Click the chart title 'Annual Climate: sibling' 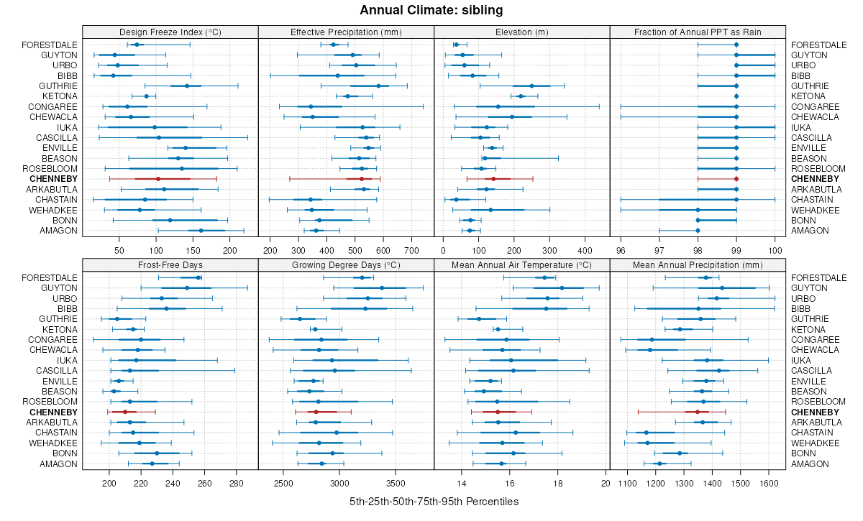[431, 10]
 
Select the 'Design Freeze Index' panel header [170, 32]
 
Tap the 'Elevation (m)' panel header [522, 32]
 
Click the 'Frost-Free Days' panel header [170, 264]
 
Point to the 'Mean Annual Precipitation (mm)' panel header [698, 264]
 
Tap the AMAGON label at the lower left [62, 464]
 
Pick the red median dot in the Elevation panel [493, 178]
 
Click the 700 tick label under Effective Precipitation [411, 250]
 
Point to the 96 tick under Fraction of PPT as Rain [621, 250]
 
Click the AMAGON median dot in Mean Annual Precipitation [659, 464]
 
